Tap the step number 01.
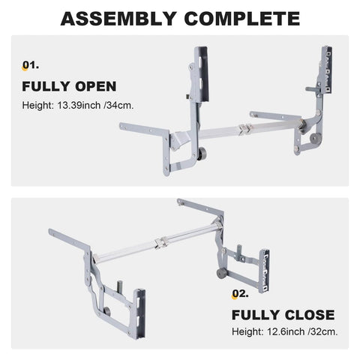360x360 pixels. pyautogui.click(x=32, y=65)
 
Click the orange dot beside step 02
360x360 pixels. pyautogui.click(x=232, y=295)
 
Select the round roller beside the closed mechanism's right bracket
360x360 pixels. pyautogui.click(x=222, y=272)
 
